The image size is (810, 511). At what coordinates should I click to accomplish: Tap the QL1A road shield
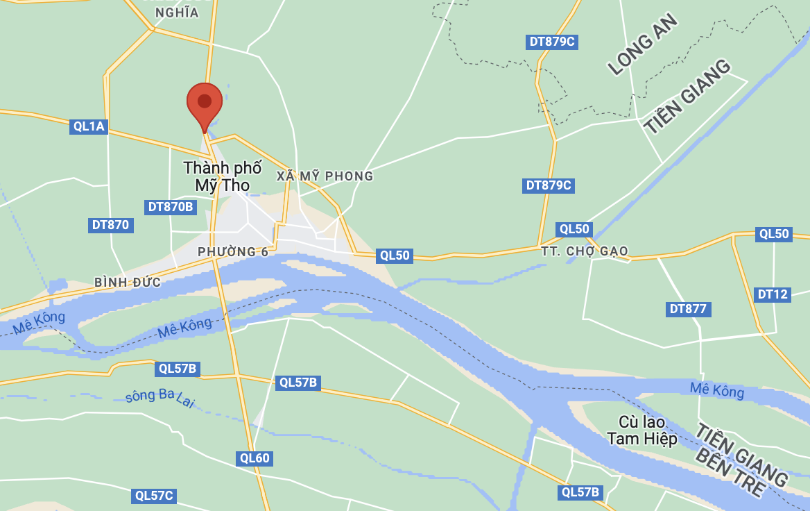[89, 126]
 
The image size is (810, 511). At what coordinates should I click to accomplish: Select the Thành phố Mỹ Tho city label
[223, 176]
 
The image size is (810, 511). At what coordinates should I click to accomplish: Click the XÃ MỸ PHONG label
[325, 176]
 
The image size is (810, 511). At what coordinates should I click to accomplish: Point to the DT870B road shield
[171, 207]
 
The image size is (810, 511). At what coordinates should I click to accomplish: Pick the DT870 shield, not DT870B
[111, 225]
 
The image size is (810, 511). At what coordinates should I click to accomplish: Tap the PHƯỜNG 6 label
[232, 252]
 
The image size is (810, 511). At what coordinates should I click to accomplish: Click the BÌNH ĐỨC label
[128, 283]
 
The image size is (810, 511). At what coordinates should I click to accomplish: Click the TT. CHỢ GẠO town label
[585, 251]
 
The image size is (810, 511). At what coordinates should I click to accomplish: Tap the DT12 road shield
[773, 294]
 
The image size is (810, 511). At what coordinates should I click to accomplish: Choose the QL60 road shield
[254, 458]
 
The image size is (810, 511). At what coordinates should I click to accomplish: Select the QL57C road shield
[154, 496]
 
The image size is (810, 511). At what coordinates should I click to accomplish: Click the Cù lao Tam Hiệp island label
[641, 430]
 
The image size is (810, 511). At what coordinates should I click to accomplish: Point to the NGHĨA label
[177, 12]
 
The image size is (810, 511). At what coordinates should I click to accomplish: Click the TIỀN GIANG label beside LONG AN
[687, 97]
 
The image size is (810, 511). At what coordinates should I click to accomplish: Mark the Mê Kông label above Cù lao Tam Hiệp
[717, 390]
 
